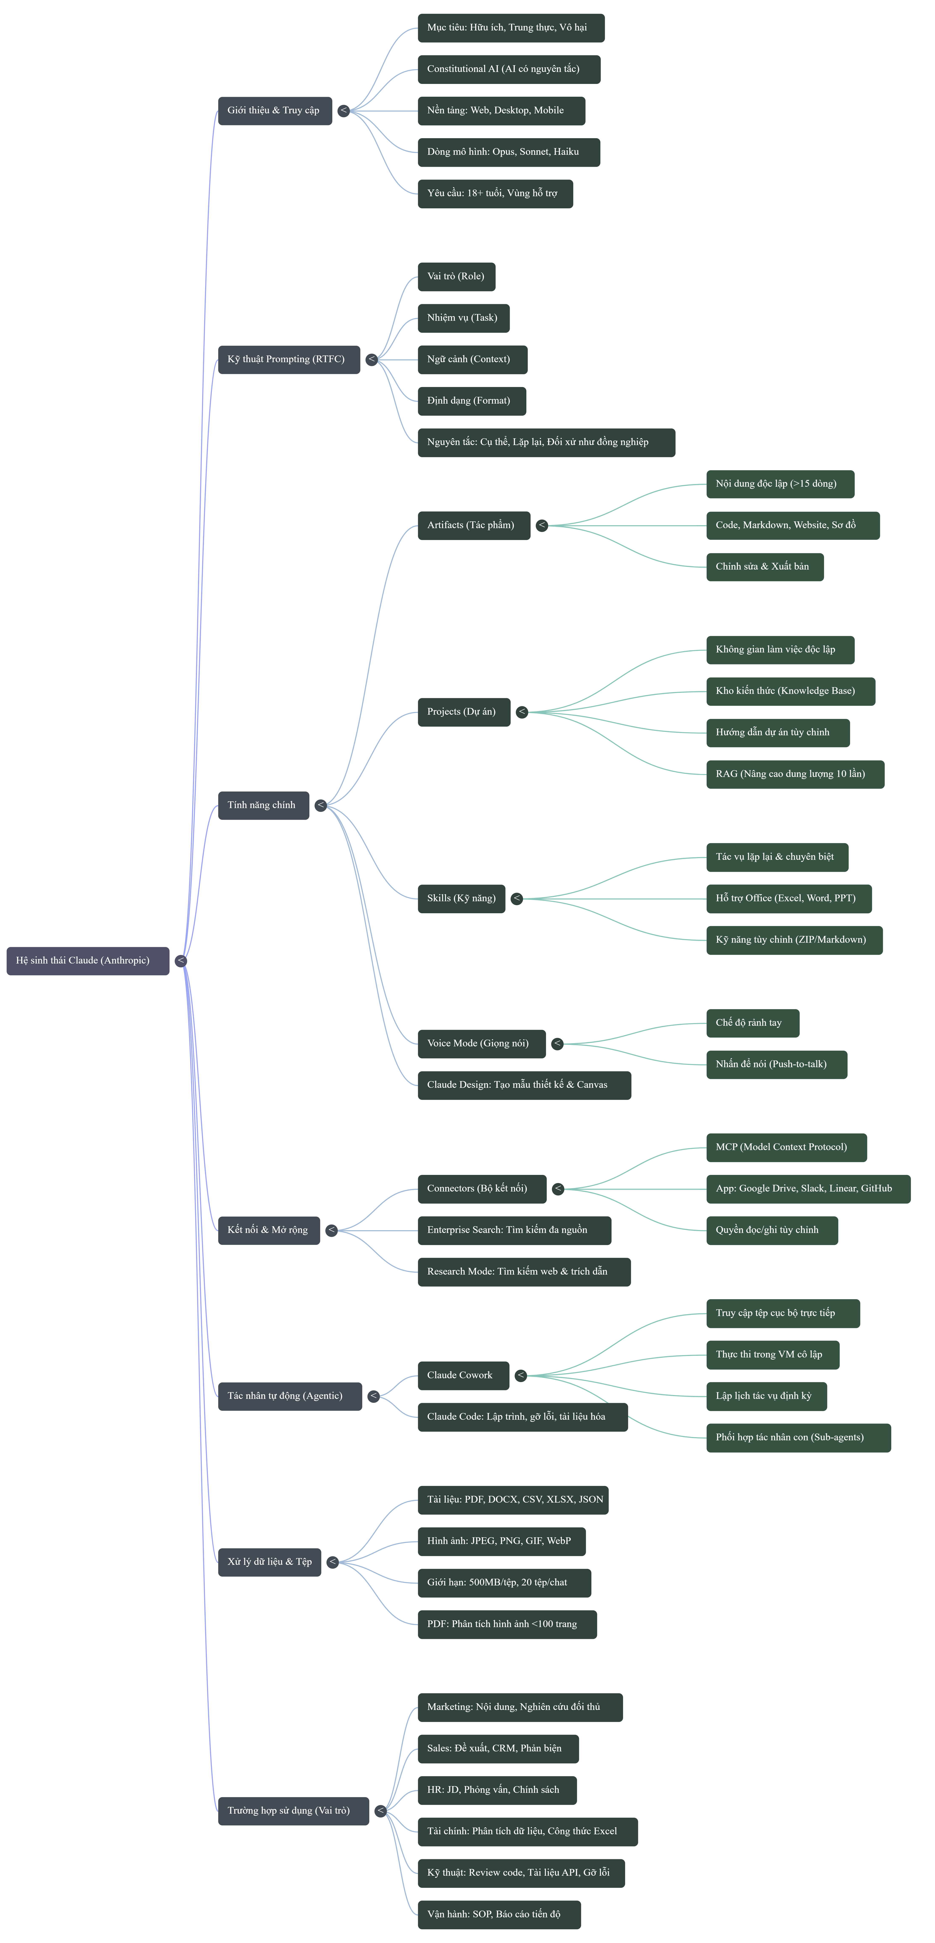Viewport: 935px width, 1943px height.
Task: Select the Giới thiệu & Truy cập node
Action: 275,111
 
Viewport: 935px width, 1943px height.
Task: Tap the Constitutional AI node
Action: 509,69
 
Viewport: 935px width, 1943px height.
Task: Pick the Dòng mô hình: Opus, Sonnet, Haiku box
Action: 509,152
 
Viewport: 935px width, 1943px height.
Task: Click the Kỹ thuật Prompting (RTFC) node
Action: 289,360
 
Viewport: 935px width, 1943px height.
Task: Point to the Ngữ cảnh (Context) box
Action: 472,360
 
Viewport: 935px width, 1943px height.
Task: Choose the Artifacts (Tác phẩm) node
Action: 474,526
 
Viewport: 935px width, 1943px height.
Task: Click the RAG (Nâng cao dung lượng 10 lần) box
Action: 795,775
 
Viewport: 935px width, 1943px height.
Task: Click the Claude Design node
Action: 524,1085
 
